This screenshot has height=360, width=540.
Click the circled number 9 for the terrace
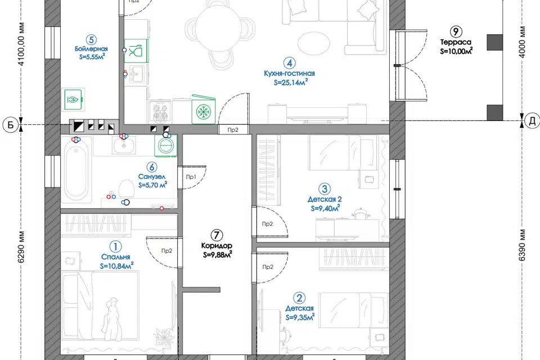click(456, 31)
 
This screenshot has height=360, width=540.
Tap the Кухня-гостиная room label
click(289, 73)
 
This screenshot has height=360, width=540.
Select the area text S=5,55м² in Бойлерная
click(92, 56)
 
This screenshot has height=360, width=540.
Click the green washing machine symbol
click(165, 146)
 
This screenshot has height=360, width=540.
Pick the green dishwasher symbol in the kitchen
click(136, 51)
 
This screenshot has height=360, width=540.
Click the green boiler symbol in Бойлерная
click(73, 100)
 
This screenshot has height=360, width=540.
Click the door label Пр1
click(191, 177)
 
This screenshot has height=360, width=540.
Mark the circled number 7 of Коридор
click(216, 236)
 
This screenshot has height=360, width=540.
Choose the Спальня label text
click(116, 257)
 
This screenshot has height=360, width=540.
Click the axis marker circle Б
click(11, 124)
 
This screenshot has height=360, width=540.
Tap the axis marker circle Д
click(532, 121)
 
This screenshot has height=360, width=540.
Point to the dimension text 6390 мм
click(523, 245)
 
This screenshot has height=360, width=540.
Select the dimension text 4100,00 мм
click(21, 44)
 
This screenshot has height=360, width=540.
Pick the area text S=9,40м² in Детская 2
click(325, 208)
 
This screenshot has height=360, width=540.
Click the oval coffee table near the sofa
click(314, 43)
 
